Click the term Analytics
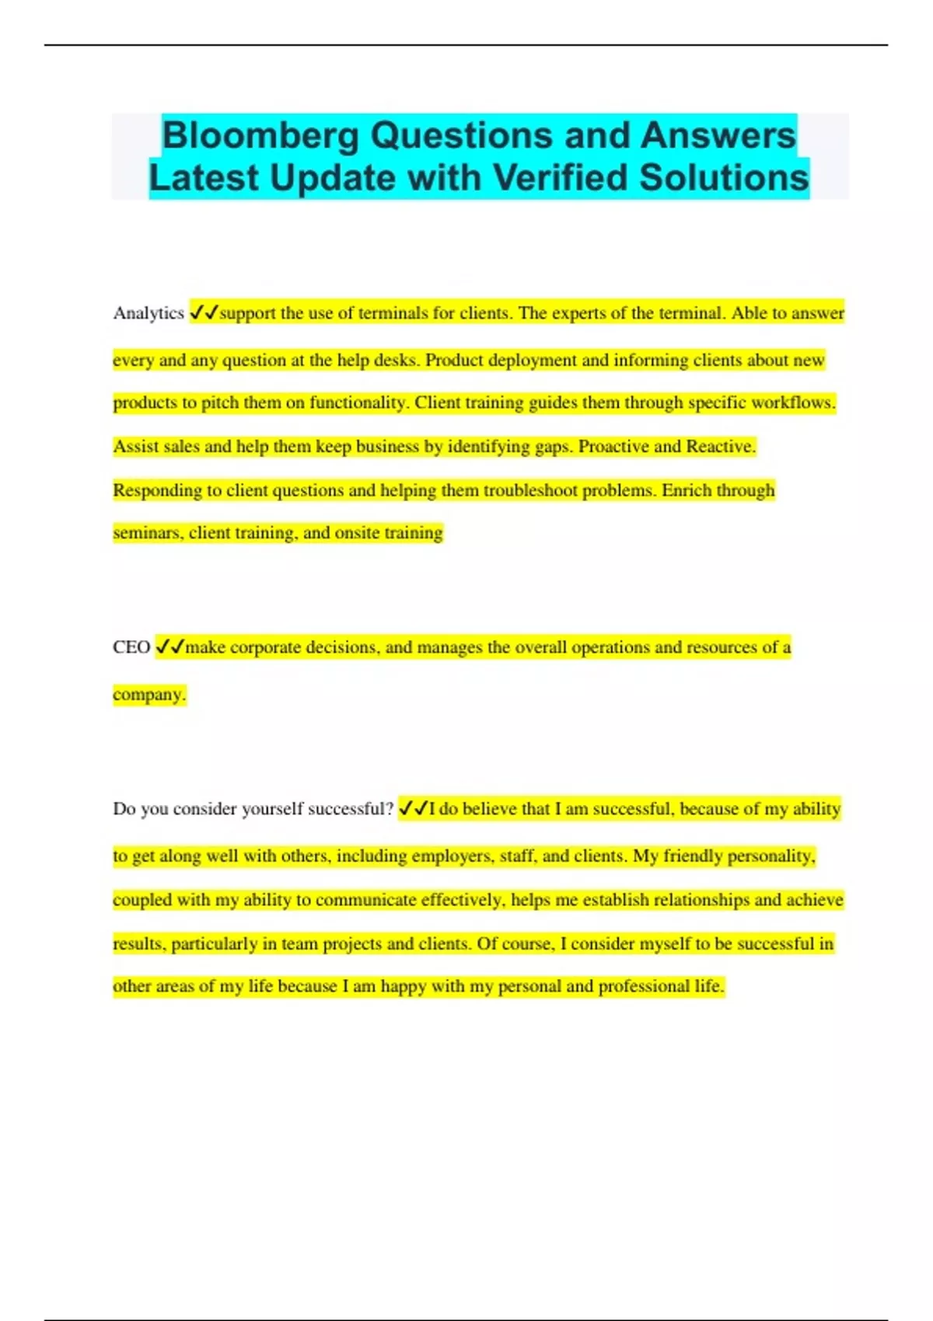pos(149,313)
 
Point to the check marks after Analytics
pos(204,312)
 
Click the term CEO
pos(131,647)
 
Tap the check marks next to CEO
pos(169,647)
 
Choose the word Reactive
pos(721,446)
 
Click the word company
pos(149,694)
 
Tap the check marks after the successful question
pos(413,808)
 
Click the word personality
pos(769,856)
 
